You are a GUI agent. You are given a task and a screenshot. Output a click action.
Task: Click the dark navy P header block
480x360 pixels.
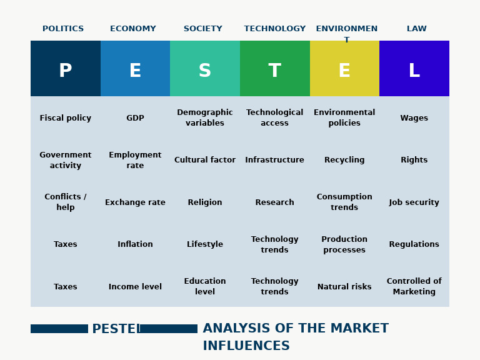[66, 69]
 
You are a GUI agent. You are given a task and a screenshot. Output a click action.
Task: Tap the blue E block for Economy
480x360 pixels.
[135, 69]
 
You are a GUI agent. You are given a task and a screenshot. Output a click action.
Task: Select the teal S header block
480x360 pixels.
[205, 69]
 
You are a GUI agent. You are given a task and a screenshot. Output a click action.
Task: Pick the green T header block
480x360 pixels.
[275, 69]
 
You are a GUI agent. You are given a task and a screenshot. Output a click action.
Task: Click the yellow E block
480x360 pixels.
[344, 69]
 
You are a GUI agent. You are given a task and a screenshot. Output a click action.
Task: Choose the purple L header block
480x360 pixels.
[414, 69]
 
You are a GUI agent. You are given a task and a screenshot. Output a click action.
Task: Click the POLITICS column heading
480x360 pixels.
[63, 29]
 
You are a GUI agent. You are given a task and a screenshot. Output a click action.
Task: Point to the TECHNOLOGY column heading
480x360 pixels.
[275, 29]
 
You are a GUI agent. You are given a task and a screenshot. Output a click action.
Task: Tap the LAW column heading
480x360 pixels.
[417, 29]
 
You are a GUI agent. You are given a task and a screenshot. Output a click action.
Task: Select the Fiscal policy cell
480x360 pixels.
[66, 118]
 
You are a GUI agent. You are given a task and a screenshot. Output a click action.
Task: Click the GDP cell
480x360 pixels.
[135, 118]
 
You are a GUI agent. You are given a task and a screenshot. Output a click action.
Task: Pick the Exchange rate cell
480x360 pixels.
[135, 202]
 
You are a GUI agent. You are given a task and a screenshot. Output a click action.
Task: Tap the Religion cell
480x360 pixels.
[205, 202]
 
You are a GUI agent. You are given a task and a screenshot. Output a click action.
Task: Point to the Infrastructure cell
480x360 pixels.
[275, 160]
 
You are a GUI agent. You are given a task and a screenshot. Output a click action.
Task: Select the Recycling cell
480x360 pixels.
[344, 160]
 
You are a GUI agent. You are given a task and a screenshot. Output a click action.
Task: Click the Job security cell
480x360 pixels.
[414, 202]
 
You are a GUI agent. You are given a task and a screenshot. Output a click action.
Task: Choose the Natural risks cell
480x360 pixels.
[344, 287]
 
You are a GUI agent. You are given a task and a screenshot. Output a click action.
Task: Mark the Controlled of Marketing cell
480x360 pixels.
[414, 286]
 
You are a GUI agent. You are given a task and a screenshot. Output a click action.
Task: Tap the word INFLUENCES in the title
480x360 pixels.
[246, 346]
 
